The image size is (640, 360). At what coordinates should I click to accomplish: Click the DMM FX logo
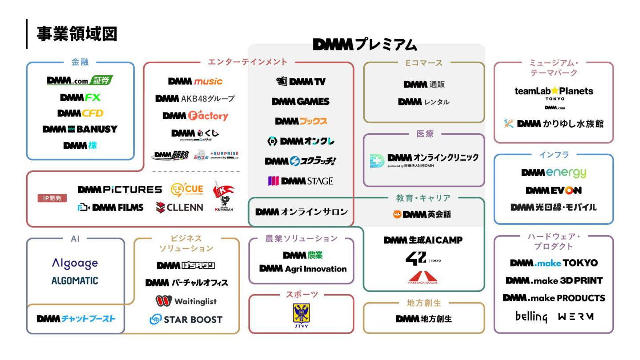(80, 97)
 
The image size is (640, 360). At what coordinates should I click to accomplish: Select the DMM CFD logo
(80, 113)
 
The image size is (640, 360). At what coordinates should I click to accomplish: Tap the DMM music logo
(195, 81)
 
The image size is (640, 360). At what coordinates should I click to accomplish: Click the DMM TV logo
(300, 81)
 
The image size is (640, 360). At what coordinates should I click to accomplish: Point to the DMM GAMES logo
(300, 101)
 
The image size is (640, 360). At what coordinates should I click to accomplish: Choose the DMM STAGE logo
(300, 181)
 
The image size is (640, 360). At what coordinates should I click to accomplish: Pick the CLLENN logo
(180, 207)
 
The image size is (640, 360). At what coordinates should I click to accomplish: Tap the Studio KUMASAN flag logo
(224, 196)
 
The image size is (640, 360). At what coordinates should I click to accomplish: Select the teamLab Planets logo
(553, 92)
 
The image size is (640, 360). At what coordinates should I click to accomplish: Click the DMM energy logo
(553, 172)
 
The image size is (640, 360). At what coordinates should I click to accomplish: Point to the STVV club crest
(301, 315)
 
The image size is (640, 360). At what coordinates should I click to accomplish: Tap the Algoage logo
(75, 263)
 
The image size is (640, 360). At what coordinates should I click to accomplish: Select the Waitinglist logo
(186, 301)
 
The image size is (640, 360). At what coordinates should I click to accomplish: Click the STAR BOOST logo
(186, 319)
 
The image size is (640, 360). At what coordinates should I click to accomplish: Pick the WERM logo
(576, 317)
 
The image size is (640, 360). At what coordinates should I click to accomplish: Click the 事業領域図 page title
(76, 34)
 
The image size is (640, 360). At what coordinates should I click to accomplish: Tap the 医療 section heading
(425, 134)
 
